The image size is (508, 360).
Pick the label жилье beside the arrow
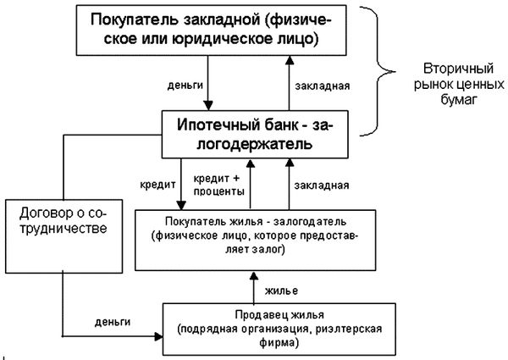click(x=281, y=291)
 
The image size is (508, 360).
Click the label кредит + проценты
click(x=218, y=185)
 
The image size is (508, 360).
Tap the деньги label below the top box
click(x=185, y=86)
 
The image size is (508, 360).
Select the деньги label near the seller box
click(x=113, y=322)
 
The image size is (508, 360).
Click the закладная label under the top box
click(x=323, y=86)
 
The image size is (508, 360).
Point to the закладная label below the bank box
click(x=322, y=186)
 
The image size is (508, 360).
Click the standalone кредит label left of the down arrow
click(x=157, y=185)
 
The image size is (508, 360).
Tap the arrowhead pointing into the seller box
click(x=159, y=336)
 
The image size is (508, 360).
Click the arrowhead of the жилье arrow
click(x=254, y=276)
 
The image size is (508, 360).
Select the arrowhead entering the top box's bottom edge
click(x=290, y=60)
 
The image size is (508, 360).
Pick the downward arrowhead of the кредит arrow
click(x=181, y=206)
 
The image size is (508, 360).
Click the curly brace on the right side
click(x=377, y=71)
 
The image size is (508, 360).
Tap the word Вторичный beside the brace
click(x=458, y=69)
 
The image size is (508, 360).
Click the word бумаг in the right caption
click(x=459, y=99)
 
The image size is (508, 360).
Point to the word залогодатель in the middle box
click(x=310, y=222)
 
